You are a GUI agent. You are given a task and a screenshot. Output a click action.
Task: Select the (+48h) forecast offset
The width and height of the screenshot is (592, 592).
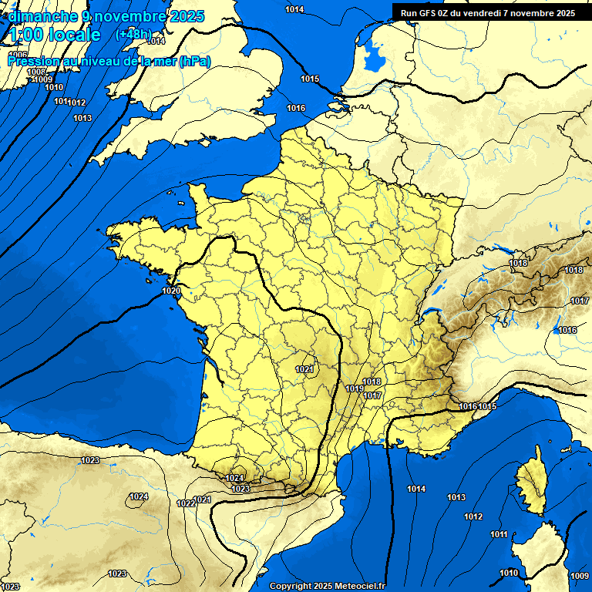pyautogui.click(x=133, y=35)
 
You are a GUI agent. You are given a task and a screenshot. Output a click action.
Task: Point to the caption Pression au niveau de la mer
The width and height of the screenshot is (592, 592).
pyautogui.click(x=108, y=61)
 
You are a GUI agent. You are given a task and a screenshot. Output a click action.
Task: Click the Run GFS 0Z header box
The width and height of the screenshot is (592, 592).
pyautogui.click(x=488, y=12)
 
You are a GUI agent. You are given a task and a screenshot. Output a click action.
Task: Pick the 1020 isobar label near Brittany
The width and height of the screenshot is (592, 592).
pyautogui.click(x=172, y=291)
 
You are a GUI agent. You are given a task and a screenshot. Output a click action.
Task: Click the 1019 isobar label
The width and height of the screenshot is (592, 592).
pyautogui.click(x=355, y=388)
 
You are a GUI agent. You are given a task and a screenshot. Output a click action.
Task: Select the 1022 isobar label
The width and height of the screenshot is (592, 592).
pyautogui.click(x=186, y=503)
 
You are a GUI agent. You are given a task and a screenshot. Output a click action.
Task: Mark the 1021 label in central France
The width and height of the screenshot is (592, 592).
pyautogui.click(x=304, y=370)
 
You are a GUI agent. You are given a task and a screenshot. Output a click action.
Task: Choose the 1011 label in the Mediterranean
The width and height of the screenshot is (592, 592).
pyautogui.click(x=499, y=534)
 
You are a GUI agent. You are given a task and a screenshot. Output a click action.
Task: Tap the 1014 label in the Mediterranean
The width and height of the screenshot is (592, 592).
pyautogui.click(x=416, y=489)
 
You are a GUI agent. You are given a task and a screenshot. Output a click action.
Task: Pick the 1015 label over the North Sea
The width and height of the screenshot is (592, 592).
pyautogui.click(x=310, y=79)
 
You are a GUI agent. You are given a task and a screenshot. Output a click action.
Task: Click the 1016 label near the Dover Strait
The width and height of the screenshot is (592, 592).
pyautogui.click(x=296, y=108)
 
